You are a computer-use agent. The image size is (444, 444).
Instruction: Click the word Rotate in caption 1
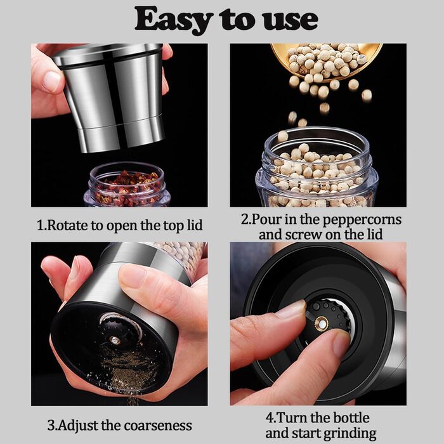pos(67,225)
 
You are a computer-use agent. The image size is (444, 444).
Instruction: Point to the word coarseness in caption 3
pos(158,426)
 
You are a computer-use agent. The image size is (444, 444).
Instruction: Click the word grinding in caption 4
pos(349,434)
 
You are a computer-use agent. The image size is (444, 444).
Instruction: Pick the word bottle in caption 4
pos(351,418)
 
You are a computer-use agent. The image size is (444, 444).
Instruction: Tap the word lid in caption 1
pos(194,225)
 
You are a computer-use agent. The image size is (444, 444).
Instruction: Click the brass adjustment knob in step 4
pos(322,323)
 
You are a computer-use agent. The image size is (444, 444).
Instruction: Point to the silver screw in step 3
pos(115,340)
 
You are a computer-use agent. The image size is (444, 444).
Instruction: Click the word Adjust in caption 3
pos(77,426)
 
